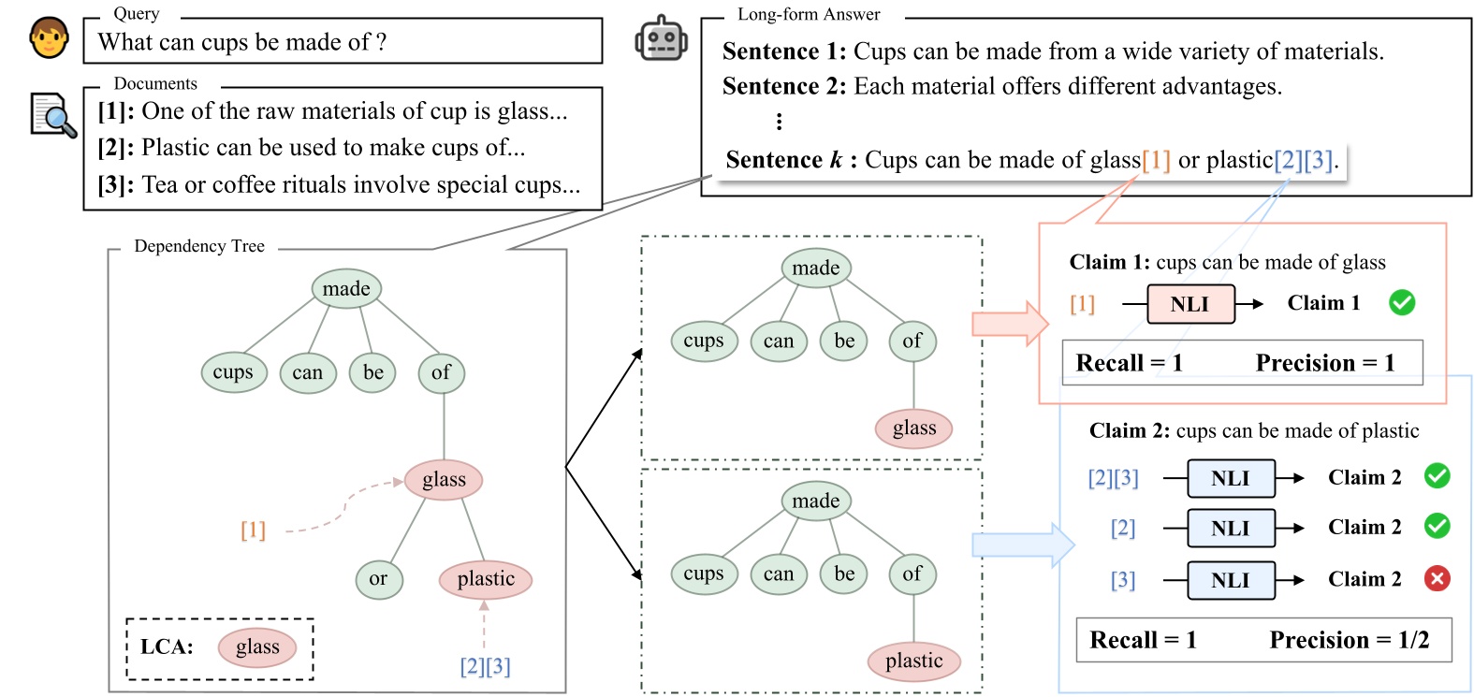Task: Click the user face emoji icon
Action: click(49, 37)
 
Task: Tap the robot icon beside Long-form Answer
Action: click(661, 39)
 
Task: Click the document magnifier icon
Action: click(52, 115)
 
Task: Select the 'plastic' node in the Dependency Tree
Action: click(486, 579)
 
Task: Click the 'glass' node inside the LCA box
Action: click(257, 647)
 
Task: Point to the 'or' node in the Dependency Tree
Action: click(378, 579)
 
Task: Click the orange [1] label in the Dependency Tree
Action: click(253, 530)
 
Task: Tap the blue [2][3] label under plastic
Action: click(485, 667)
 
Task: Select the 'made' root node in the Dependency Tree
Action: click(346, 289)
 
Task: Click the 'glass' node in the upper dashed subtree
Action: click(913, 428)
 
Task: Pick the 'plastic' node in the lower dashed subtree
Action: click(913, 661)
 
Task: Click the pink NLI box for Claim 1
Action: click(1189, 304)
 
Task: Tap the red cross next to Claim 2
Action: click(1437, 579)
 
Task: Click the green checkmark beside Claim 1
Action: click(1401, 303)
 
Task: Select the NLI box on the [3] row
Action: click(1230, 580)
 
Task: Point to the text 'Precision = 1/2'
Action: click(1349, 640)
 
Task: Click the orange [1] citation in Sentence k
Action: click(1156, 160)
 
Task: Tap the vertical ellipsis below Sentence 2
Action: click(779, 122)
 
